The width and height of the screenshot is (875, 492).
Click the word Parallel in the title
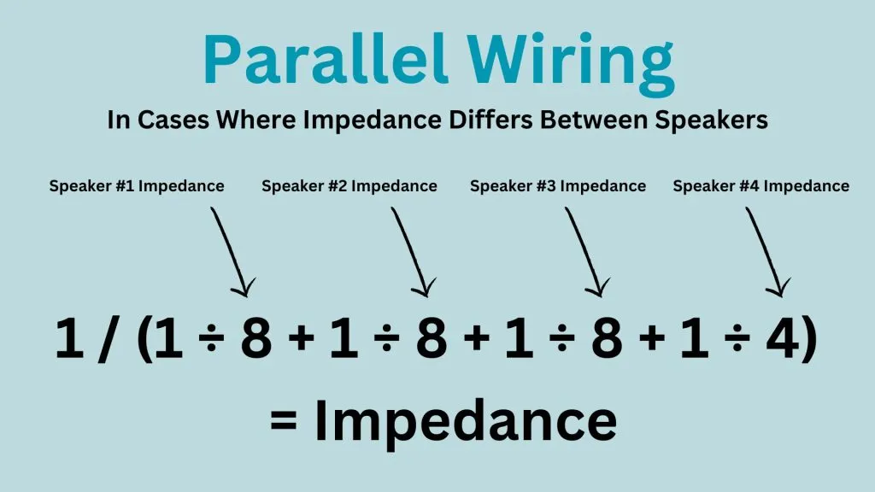[326, 59]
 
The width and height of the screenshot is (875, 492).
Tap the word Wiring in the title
[571, 63]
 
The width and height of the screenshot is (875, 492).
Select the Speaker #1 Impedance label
[137, 186]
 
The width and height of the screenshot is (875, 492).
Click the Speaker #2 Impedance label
[349, 186]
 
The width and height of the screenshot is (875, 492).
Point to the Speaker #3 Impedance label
[558, 186]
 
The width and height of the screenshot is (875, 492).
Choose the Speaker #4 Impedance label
[761, 186]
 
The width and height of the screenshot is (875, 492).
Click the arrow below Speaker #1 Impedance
[231, 250]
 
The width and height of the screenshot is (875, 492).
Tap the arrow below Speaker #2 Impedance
[412, 250]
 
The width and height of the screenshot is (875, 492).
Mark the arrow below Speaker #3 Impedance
[586, 250]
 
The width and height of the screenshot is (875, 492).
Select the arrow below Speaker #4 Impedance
[766, 250]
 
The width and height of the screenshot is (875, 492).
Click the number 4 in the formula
[784, 338]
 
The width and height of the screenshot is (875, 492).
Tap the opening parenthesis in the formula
[144, 339]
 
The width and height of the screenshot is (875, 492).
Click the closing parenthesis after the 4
[810, 339]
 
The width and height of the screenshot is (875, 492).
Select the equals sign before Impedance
[284, 420]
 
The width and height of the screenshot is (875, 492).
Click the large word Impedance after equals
[466, 422]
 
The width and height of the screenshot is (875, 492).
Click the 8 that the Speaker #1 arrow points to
[256, 338]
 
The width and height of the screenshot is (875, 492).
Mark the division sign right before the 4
[737, 338]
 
